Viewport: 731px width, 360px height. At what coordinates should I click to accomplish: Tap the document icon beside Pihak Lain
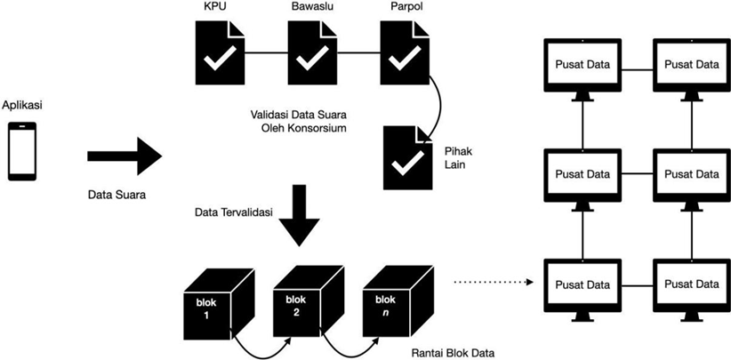pos(408,157)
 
